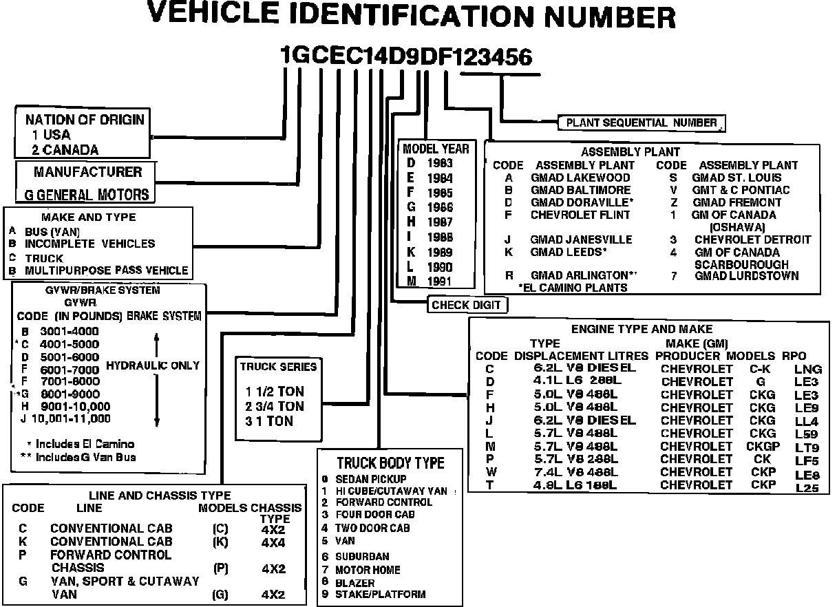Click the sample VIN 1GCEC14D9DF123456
pyautogui.click(x=406, y=57)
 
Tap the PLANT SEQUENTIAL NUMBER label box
pyautogui.click(x=641, y=123)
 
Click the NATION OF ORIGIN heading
pyautogui.click(x=85, y=119)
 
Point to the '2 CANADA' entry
pyautogui.click(x=65, y=149)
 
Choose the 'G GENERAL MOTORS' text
pyautogui.click(x=86, y=195)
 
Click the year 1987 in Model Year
pyautogui.click(x=438, y=222)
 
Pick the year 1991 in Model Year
pyautogui.click(x=438, y=281)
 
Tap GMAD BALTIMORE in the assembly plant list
pyautogui.click(x=580, y=190)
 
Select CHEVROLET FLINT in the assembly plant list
pyautogui.click(x=580, y=215)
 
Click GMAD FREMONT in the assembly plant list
pyautogui.click(x=737, y=202)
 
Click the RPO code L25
pyautogui.click(x=807, y=487)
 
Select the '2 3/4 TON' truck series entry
pyautogui.click(x=275, y=406)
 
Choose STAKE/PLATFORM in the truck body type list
pyautogui.click(x=380, y=594)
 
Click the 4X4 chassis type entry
pyautogui.click(x=273, y=542)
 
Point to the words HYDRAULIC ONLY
pyautogui.click(x=153, y=365)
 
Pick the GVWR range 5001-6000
pyautogui.click(x=70, y=356)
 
